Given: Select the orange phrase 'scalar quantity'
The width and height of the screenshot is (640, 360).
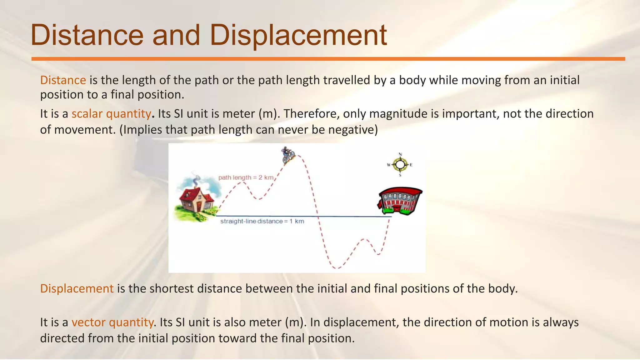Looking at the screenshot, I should [111, 113].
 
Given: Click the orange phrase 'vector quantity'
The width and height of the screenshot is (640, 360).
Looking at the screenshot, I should [112, 322].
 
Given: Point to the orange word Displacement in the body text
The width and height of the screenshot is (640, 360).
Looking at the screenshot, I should [77, 288].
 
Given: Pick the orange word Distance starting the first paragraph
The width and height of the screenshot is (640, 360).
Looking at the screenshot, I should [63, 80].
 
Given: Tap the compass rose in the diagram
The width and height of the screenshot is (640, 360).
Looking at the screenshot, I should [400, 164].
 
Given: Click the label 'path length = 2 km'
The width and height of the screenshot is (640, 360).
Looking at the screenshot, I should [246, 177].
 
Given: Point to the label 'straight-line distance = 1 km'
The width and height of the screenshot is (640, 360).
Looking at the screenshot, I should [262, 221].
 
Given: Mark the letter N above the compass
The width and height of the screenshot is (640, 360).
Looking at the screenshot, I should [400, 154].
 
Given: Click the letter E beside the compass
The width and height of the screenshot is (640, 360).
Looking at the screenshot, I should [411, 165].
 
